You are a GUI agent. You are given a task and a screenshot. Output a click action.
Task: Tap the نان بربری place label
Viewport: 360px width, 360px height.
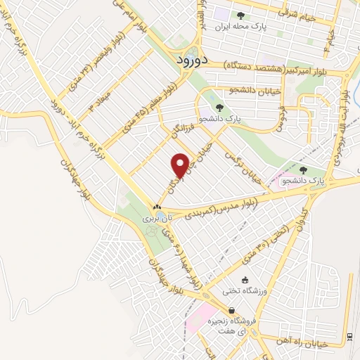pyautogui.click(x=152, y=219)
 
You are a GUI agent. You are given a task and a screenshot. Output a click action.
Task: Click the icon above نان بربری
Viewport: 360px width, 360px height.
pyautogui.click(x=157, y=207)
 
